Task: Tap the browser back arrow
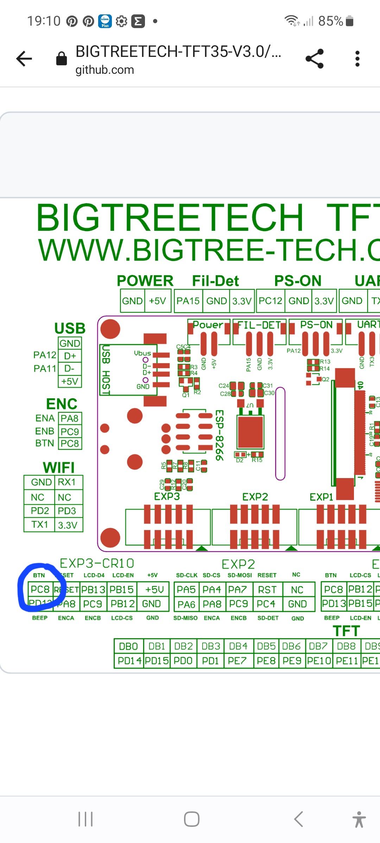pos(24,59)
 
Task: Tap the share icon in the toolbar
pos(314,59)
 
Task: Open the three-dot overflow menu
pos(357,59)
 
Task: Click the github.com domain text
pos(104,70)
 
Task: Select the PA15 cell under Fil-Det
pos(188,301)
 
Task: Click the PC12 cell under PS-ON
pos(270,301)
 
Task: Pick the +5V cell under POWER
pos(157,301)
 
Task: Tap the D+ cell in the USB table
pos(70,356)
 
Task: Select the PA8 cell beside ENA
pos(70,418)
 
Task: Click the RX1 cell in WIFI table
pos(67,482)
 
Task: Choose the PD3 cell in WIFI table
pos(67,511)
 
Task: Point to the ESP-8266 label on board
pos(219,436)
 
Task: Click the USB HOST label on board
pos(106,370)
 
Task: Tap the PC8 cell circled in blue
pos(40,589)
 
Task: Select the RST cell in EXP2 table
pos(267,590)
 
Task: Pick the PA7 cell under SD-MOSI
pos(238,590)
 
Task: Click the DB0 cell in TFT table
pos(128,646)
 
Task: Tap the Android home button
pos(191,819)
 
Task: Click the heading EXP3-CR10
pos(97,563)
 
